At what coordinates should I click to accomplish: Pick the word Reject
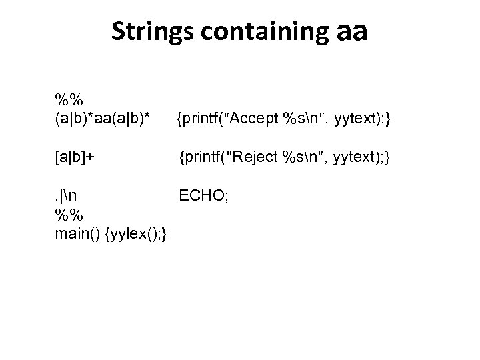click(257, 158)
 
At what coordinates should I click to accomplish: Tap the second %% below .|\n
click(69, 215)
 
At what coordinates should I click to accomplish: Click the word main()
click(79, 235)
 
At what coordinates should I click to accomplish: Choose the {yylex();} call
click(141, 235)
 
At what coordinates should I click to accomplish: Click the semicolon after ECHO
click(227, 196)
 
